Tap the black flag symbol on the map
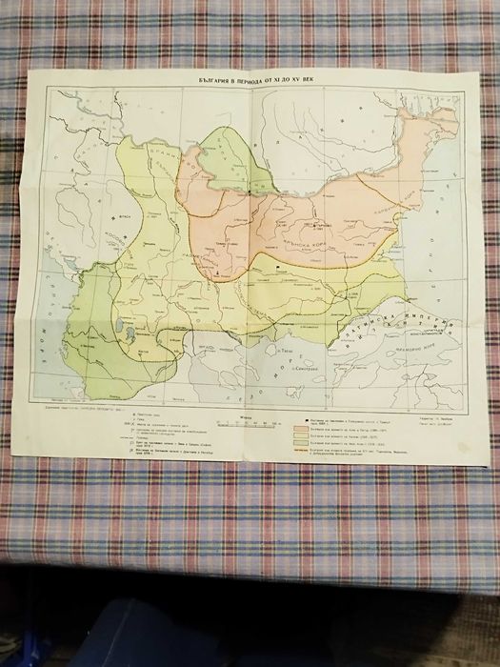[277, 271]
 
